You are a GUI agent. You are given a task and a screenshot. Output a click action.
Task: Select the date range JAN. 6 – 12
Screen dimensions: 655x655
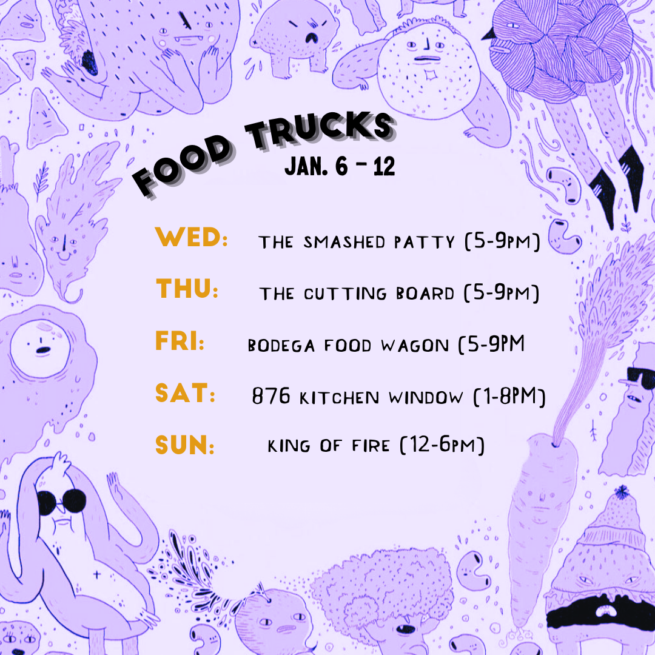pos(340,166)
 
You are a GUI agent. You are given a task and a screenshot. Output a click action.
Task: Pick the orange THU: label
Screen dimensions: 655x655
pos(187,288)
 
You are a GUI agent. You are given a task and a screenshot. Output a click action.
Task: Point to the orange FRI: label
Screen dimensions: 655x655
pos(180,341)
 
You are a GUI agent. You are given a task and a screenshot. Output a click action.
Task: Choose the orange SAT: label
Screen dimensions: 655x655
pos(185,394)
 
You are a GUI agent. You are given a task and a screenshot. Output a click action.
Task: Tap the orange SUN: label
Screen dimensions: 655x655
pos(185,446)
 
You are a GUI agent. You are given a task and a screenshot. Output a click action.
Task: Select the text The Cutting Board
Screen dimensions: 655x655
pos(357,294)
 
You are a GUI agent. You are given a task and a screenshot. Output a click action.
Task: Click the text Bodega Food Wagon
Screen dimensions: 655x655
pos(348,346)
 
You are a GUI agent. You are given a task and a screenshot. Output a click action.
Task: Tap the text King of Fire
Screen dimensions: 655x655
pos(328,446)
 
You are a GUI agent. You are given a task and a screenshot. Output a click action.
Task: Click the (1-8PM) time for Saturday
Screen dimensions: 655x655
pos(509,397)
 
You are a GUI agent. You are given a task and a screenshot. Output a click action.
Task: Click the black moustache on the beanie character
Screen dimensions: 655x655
pos(597,613)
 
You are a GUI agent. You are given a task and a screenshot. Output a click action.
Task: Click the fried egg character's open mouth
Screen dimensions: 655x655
pos(43,350)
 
